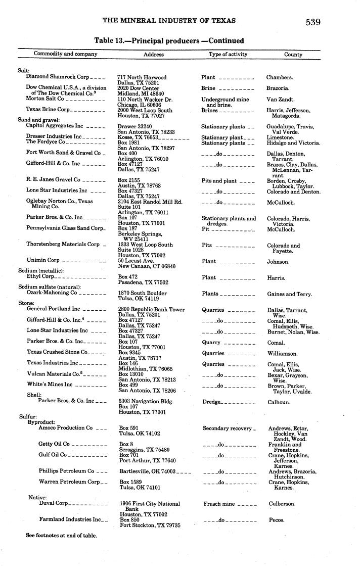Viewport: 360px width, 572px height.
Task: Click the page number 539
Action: (312, 22)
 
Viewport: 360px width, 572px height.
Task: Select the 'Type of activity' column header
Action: (228, 55)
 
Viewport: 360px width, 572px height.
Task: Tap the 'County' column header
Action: (293, 55)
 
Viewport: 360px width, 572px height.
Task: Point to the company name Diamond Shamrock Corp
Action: (58, 77)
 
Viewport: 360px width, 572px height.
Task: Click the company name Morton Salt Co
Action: (45, 99)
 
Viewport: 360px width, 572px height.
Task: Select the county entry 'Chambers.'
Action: (280, 77)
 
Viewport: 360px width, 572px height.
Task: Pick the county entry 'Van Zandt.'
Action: (281, 100)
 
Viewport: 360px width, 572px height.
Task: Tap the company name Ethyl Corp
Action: (40, 276)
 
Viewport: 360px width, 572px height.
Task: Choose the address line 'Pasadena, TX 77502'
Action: (143, 282)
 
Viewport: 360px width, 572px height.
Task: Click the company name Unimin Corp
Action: (43, 260)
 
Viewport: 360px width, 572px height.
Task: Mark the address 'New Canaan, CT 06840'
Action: (147, 266)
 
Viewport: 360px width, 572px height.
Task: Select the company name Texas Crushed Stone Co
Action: (58, 352)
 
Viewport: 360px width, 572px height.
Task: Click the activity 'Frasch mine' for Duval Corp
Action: (219, 504)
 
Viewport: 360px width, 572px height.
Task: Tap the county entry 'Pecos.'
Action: (276, 520)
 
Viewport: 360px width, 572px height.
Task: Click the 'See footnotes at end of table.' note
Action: (61, 535)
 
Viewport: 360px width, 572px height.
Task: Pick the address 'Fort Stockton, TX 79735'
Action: (150, 526)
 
